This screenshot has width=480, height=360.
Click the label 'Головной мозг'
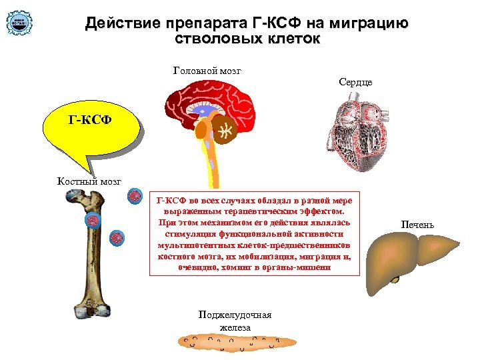(x=207, y=70)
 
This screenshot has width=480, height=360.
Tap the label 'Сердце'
(x=355, y=82)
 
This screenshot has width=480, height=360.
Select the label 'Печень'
(x=417, y=225)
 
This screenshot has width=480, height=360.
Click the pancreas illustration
(x=236, y=341)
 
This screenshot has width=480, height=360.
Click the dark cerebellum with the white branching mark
(x=227, y=131)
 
